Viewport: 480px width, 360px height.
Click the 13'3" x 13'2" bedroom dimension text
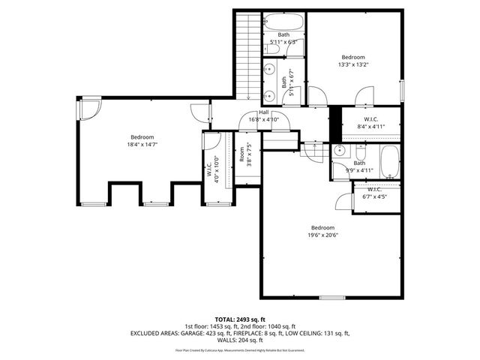353,64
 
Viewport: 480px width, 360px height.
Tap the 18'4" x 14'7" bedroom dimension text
142,144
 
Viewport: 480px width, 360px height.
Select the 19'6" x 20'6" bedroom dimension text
323,235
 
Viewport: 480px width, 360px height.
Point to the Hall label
264,112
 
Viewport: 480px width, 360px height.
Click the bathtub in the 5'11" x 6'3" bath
284,21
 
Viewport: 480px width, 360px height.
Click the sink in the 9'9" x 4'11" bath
340,151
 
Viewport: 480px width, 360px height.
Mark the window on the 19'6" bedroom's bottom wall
330,298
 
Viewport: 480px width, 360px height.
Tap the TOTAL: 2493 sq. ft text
240,319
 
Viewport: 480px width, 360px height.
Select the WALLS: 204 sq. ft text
240,340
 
